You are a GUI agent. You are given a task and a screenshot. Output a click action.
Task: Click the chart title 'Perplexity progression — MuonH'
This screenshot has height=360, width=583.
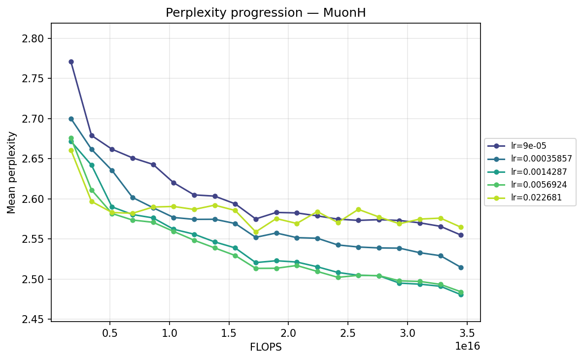[266, 13]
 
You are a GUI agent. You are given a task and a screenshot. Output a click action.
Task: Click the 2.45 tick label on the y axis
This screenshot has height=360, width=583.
[33, 320]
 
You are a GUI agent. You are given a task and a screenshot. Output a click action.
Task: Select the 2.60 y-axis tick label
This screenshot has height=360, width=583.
[33, 199]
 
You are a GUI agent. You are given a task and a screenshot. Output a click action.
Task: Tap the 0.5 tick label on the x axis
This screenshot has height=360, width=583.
[110, 333]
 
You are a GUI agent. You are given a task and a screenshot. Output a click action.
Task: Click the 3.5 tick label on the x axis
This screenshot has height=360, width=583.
[467, 333]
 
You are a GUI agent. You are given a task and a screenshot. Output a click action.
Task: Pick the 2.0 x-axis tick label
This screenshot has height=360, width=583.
[289, 333]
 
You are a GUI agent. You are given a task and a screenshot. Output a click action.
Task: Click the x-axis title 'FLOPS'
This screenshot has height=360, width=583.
[266, 347]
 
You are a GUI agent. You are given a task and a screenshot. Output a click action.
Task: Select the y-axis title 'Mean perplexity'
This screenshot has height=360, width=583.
[11, 172]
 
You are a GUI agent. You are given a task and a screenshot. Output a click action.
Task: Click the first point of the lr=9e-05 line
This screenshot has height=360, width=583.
[71, 62]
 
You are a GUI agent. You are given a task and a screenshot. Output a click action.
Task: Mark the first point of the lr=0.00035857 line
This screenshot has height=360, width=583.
[71, 119]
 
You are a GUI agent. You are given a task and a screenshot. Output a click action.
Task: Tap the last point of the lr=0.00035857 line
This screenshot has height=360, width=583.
[461, 267]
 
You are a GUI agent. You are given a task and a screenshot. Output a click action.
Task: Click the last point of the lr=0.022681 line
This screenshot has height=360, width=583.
[461, 227]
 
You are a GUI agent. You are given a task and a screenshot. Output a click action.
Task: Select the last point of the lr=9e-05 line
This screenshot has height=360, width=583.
[461, 235]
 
